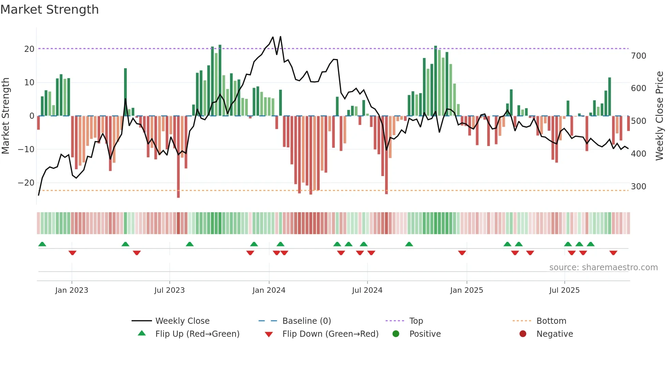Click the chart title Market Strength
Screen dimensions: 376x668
pos(49,10)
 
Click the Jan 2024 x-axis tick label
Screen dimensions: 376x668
pos(269,290)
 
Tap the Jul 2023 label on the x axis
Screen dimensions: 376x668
pos(169,290)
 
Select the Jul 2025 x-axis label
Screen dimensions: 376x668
pos(564,290)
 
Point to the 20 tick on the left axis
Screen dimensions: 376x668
pos(29,49)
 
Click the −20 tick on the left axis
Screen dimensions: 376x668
pos(26,183)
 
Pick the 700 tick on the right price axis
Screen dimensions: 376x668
pos(639,56)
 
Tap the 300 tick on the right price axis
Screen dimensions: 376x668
pos(639,187)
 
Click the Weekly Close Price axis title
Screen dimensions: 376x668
pos(659,116)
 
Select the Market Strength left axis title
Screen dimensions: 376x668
pos(6,116)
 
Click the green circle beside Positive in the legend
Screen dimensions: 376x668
pos(396,334)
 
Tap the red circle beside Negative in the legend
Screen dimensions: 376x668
pos(523,334)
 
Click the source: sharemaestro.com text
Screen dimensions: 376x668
pos(603,267)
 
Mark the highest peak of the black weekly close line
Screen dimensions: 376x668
pos(280,37)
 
